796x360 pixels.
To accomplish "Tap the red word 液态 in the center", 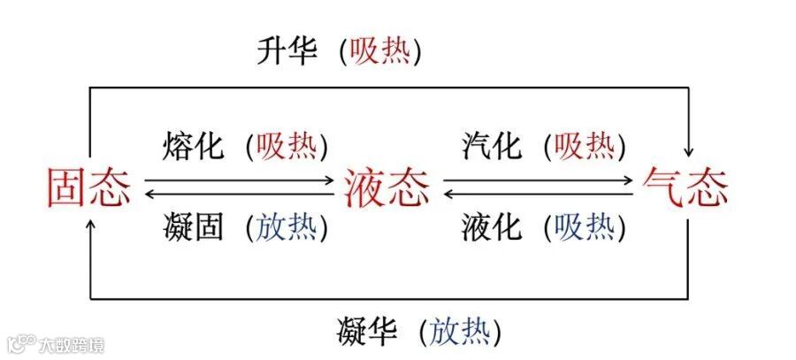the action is (x=387, y=188).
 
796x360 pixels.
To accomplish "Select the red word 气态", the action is (x=686, y=188).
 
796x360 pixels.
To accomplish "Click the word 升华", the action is (x=287, y=52).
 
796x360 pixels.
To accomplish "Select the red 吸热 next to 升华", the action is (x=379, y=52).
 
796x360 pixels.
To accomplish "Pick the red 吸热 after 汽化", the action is (x=584, y=145).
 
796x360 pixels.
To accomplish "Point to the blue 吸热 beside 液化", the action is (x=584, y=227).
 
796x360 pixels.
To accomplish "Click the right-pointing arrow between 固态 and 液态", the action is (x=239, y=181).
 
